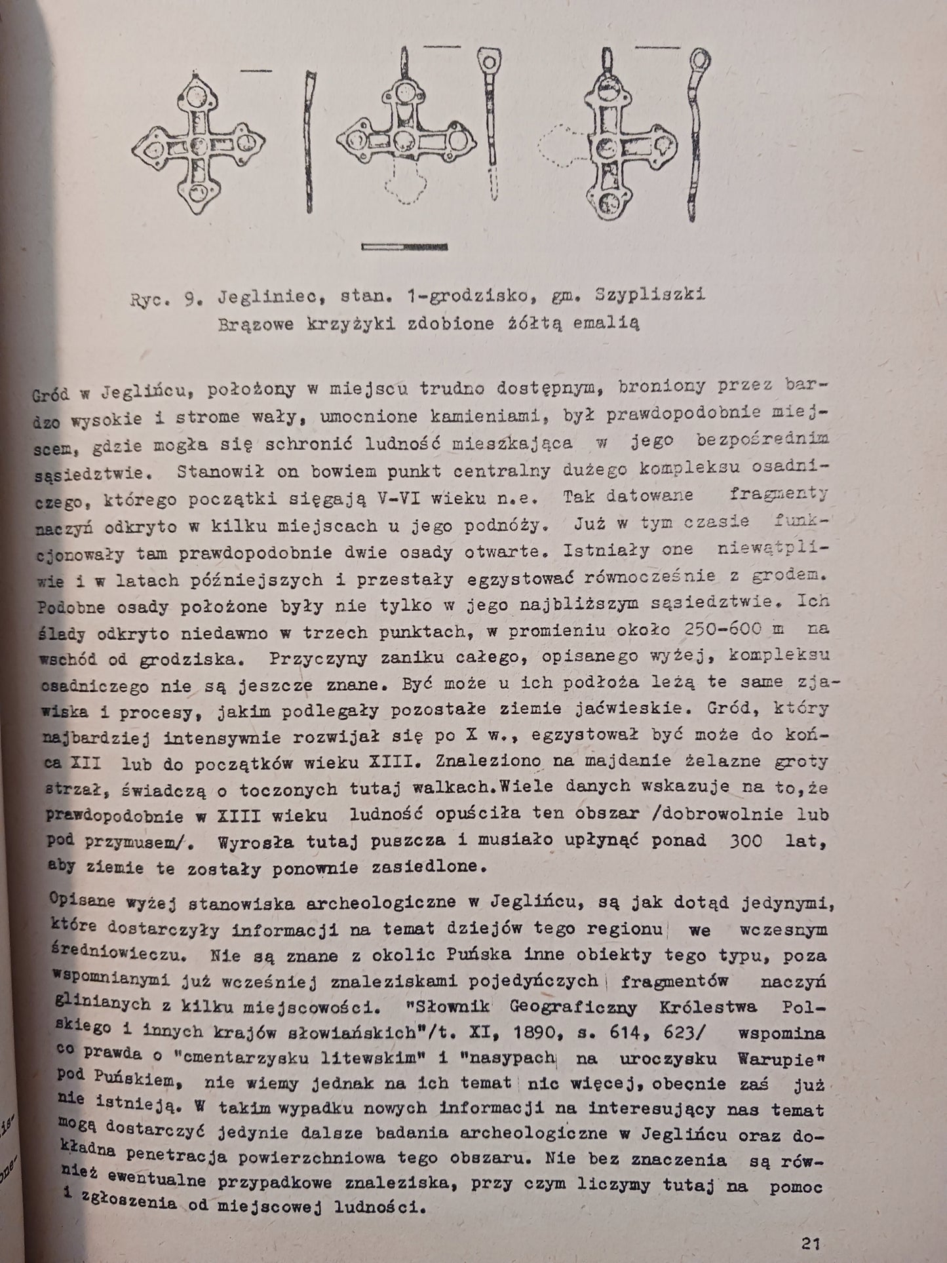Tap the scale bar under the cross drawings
(x=404, y=246)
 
